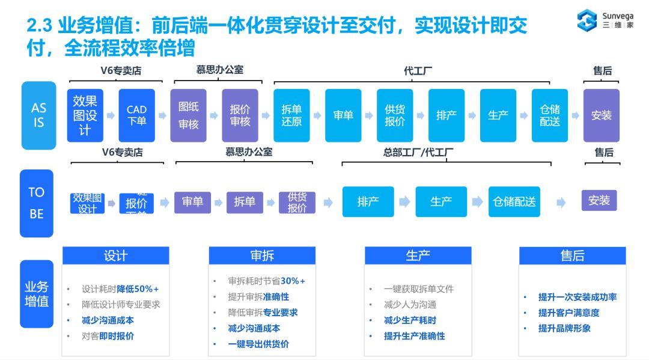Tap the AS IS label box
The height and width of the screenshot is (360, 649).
(38, 115)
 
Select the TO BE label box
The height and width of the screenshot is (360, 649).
(37, 203)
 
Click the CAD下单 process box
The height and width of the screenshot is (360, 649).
(136, 115)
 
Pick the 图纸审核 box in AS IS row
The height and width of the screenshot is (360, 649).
(188, 115)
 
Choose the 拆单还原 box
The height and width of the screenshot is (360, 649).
(291, 115)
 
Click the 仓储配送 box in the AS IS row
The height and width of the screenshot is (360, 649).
(550, 115)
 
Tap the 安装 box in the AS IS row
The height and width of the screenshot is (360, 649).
(601, 115)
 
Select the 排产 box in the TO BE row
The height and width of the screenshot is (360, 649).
(368, 202)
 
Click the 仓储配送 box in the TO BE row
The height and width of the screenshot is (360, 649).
(514, 202)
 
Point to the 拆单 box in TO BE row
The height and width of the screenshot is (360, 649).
(245, 202)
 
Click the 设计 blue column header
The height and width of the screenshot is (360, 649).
(116, 255)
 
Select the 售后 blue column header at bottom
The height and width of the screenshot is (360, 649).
(572, 255)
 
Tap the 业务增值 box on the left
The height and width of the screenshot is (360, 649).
(37, 294)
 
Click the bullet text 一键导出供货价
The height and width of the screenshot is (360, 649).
(258, 344)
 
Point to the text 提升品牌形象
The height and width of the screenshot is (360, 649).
(564, 328)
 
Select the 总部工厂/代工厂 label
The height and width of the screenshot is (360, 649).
(418, 153)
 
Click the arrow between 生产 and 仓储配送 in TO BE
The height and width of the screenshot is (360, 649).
(477, 202)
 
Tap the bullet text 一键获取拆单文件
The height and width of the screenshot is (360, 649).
(419, 289)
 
